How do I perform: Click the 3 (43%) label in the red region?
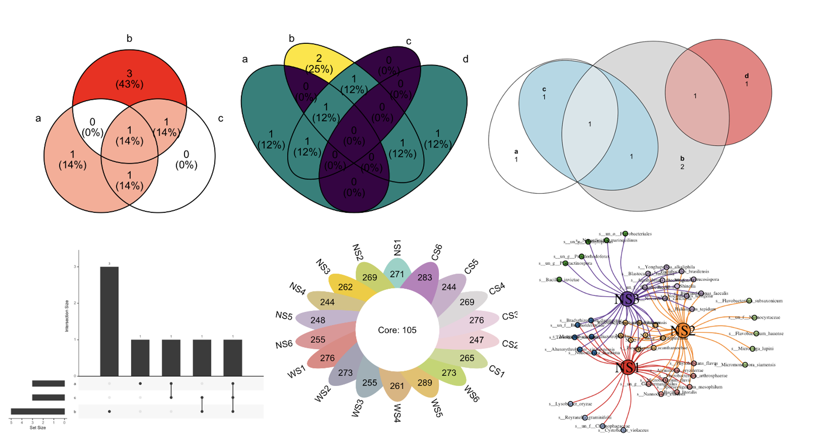point(129,79)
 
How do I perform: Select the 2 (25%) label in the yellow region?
point(319,63)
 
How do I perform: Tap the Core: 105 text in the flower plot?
point(397,330)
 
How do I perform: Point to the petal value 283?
point(425,278)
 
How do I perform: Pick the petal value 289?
point(425,383)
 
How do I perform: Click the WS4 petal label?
point(397,413)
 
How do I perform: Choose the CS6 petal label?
point(437,252)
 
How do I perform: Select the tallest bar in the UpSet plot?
point(109,321)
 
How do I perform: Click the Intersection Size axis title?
point(67,316)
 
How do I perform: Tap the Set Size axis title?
point(38,428)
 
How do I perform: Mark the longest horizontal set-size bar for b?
point(38,412)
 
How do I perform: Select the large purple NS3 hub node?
point(627,299)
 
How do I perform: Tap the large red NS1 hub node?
point(627,367)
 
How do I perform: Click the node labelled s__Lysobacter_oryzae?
point(570,404)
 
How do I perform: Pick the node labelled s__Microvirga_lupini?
point(752,349)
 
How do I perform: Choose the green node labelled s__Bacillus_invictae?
point(559,280)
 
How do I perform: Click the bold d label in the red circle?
point(747,76)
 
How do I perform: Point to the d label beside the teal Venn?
point(465,59)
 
